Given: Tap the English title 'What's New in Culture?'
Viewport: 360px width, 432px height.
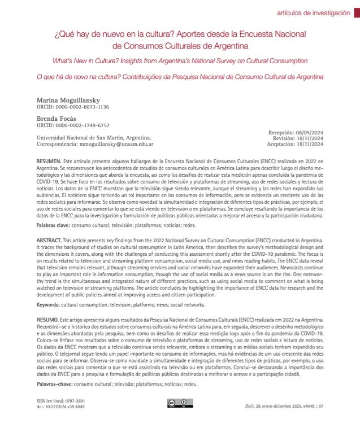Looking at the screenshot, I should pyautogui.click(x=180, y=60).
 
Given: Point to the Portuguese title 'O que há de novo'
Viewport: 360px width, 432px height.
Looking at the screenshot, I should pyautogui.click(x=180, y=75).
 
